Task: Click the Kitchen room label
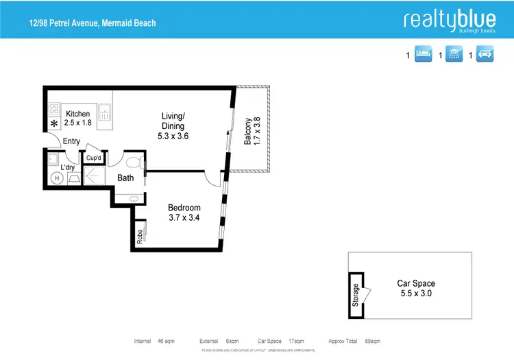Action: (77, 114)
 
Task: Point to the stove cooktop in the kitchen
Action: (54, 110)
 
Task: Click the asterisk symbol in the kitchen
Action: (53, 125)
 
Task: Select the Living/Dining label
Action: (173, 121)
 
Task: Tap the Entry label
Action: (71, 142)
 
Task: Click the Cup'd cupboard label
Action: (94, 158)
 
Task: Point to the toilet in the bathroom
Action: (135, 163)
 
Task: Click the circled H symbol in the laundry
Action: (58, 178)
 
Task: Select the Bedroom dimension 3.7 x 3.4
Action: (184, 219)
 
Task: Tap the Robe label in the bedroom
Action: (140, 237)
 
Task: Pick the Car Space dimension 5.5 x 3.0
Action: (415, 293)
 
